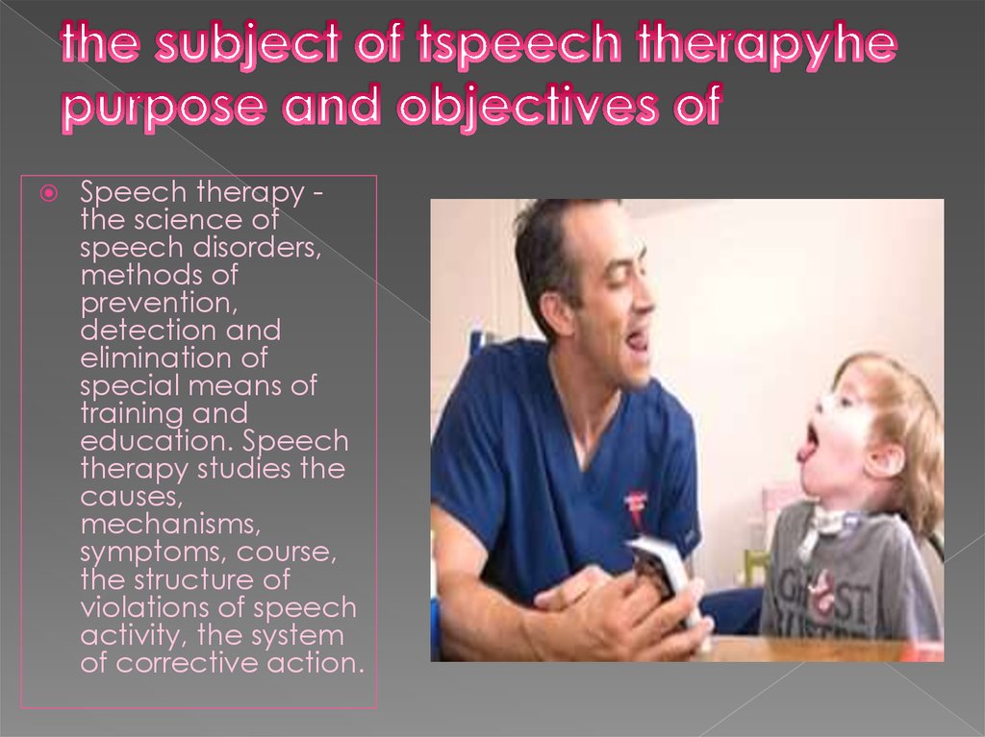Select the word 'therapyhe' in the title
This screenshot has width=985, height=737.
point(767,44)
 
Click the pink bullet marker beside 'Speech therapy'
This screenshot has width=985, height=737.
point(48,193)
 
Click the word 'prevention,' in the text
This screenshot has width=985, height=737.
point(159,304)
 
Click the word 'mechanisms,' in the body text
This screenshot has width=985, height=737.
point(170,525)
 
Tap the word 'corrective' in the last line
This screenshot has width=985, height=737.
point(188,662)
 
